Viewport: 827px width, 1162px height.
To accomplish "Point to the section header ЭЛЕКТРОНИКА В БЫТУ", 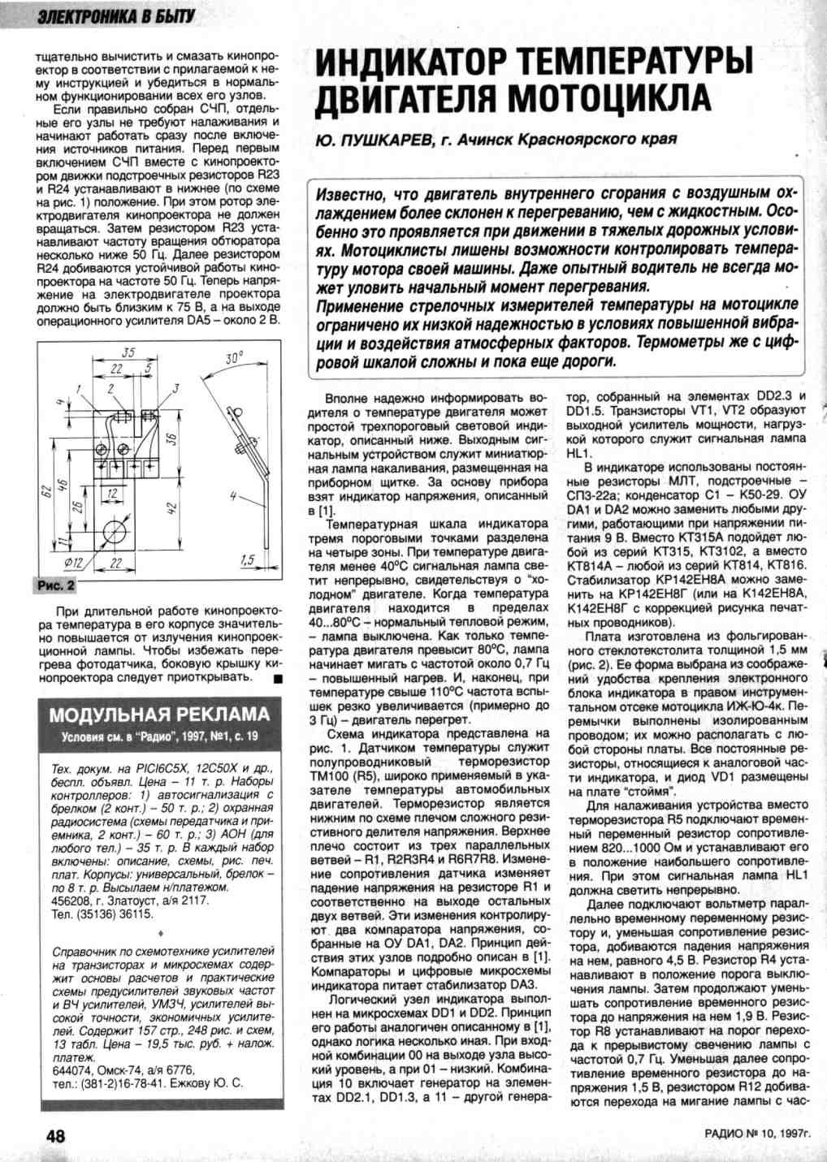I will [x=106, y=16].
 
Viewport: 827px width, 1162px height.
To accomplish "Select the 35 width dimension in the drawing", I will [x=128, y=353].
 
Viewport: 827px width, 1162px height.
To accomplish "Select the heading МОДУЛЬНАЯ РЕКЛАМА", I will [x=159, y=715].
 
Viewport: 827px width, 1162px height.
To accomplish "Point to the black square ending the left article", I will [x=277, y=678].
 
